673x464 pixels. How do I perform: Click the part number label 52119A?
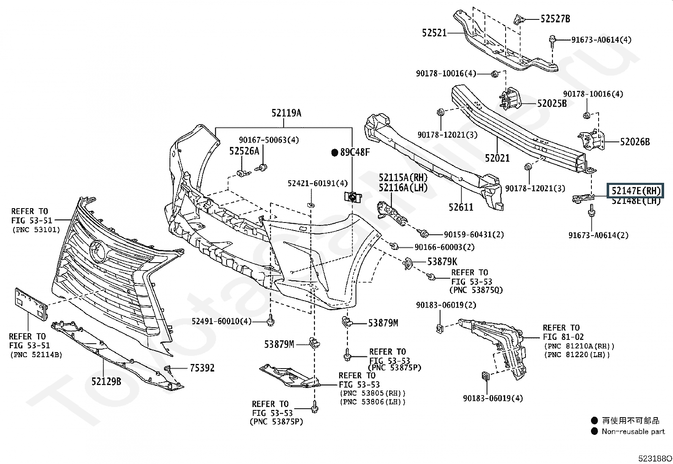286,113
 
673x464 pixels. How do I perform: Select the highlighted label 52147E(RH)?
635,191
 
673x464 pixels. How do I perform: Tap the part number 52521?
434,33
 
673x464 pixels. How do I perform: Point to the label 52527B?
555,19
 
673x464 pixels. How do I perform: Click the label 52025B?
552,103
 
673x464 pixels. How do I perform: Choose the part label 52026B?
635,142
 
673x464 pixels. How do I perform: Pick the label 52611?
461,207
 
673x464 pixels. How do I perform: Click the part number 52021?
497,158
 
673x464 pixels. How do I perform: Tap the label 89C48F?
355,152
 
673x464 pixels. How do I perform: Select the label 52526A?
244,151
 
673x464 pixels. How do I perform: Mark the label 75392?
202,368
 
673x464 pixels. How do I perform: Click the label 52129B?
106,382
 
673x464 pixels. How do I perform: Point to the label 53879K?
442,262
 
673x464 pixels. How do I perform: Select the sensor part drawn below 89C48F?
351,197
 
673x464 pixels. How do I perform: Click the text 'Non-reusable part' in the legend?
633,431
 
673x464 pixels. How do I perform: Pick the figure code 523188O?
655,458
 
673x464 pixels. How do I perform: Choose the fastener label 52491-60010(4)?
221,322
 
